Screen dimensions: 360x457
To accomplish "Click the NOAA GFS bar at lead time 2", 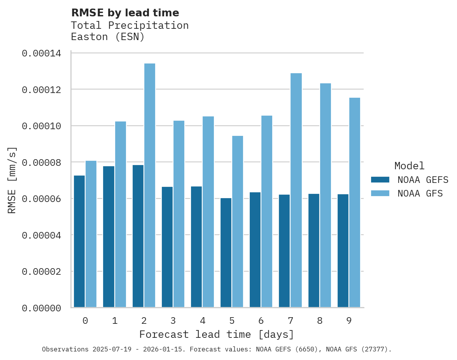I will click(x=150, y=185).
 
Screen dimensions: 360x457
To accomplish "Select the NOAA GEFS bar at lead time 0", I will click(x=79, y=241).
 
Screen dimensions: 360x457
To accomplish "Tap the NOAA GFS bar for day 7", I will click(x=296, y=190).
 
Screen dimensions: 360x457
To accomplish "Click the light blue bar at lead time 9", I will click(x=355, y=202).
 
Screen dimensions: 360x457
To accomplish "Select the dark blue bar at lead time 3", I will click(x=167, y=247).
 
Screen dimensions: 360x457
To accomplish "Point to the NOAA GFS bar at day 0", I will click(x=91, y=234).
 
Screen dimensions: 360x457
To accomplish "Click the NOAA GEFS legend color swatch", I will click(x=380, y=179).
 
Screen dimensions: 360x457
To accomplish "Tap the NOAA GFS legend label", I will click(x=420, y=193).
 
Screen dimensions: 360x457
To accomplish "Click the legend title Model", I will click(x=409, y=166).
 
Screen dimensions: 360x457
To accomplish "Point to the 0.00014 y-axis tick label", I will click(x=41, y=53).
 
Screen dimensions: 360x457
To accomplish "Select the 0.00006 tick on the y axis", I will click(x=41, y=199).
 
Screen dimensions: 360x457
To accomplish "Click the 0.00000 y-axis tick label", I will click(x=41, y=308).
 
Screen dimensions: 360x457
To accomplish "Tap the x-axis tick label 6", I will click(x=261, y=321).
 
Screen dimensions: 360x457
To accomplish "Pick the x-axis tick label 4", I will click(x=203, y=321).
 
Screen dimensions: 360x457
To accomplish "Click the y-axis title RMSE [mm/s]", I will click(x=12, y=180).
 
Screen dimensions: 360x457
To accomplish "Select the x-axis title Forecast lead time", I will click(x=217, y=334).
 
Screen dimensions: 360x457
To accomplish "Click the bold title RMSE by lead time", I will click(x=125, y=13).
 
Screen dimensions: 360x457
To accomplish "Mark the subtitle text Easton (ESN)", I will click(x=108, y=37).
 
